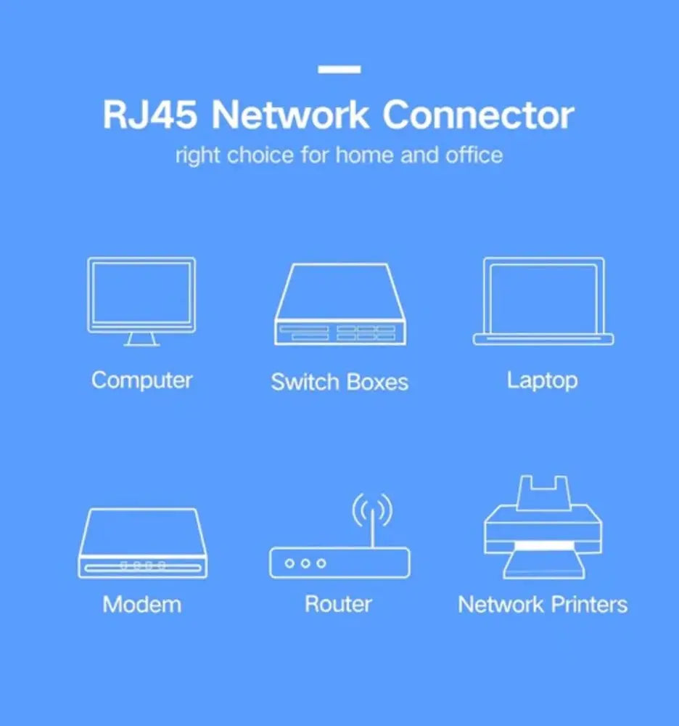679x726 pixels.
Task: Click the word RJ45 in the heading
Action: pos(149,116)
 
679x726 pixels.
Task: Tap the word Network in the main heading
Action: pos(288,116)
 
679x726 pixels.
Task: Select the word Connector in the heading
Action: pos(478,116)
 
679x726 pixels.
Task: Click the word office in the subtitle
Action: pos(473,155)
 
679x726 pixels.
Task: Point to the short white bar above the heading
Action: pos(339,70)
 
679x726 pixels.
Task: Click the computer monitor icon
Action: pos(141,294)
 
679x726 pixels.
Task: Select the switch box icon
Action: pos(339,305)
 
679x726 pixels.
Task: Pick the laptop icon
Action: pos(543,300)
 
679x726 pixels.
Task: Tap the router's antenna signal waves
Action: pos(371,510)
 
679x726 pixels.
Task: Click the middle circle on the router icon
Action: pos(305,563)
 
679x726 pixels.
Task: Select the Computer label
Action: pos(141,380)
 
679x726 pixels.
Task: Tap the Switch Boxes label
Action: pos(339,383)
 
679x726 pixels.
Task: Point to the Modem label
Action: pos(141,604)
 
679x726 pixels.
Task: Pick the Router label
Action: pos(338,604)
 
